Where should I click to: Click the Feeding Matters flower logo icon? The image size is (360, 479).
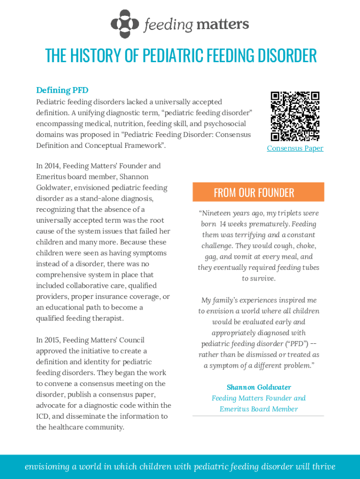[125, 24]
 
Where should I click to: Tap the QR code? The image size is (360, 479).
[295, 116]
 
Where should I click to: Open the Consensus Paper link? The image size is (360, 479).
[295, 148]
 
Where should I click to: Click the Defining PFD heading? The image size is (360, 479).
[62, 90]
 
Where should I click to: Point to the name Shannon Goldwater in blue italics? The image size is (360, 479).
[259, 387]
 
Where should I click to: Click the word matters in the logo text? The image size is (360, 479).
[222, 24]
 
